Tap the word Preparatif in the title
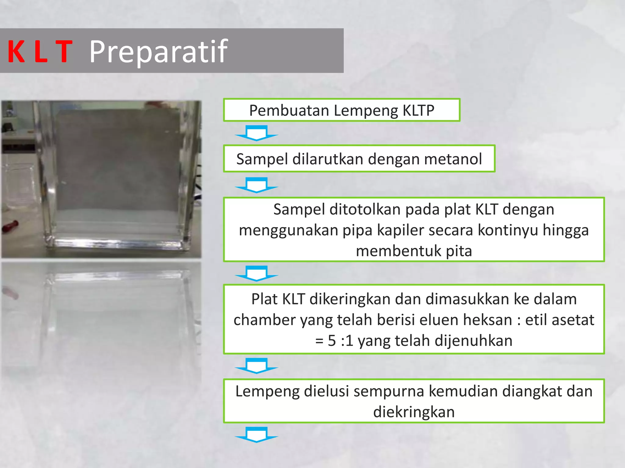(x=158, y=52)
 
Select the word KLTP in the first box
(x=418, y=110)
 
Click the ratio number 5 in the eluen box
(x=332, y=341)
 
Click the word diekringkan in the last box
(x=414, y=412)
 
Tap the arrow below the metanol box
(x=257, y=185)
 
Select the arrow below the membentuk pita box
(x=257, y=273)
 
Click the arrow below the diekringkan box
(x=257, y=434)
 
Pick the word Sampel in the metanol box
(x=262, y=159)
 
